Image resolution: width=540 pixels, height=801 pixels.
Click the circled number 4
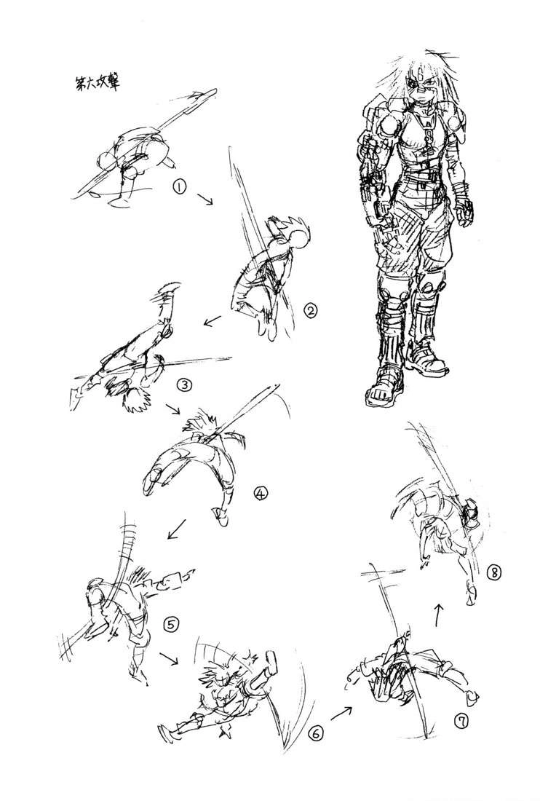point(261,494)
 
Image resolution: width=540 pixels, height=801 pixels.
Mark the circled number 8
point(493,572)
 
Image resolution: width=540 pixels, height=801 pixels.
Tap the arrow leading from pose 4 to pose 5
point(176,529)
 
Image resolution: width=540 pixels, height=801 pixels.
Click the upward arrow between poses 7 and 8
point(439,614)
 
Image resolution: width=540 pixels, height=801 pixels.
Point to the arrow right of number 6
point(341,713)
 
